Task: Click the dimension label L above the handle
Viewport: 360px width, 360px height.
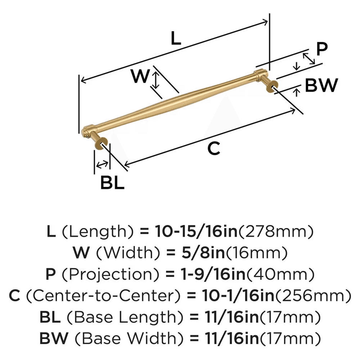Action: click(175, 38)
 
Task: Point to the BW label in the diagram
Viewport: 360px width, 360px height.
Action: click(321, 86)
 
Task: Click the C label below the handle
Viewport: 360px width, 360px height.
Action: click(214, 148)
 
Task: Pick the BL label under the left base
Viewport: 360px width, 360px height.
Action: click(112, 183)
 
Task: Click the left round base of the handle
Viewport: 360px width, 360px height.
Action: click(100, 143)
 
